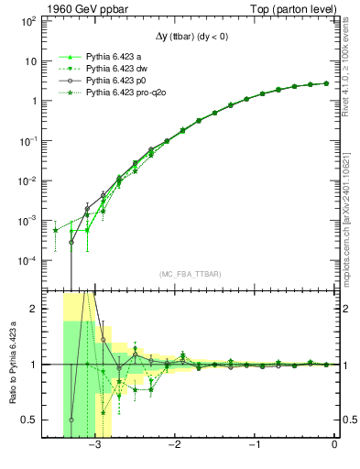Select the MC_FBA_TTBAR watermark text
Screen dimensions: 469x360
pos(190,274)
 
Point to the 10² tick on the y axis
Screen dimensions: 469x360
pos(26,21)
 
